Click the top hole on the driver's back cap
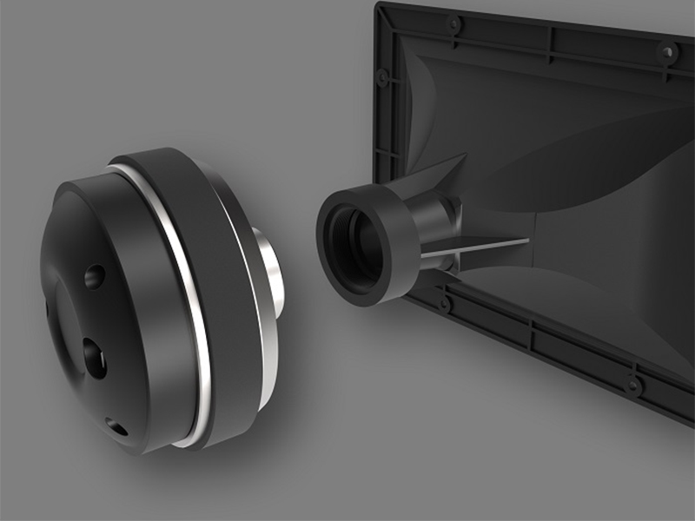95,277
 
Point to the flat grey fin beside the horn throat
486,248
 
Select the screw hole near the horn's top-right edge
667,51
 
